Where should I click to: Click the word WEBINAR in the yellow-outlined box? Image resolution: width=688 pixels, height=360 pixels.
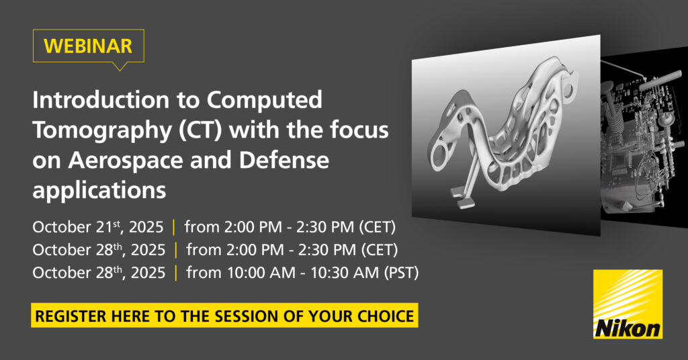[88, 46]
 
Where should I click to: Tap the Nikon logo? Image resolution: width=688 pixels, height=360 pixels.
[628, 304]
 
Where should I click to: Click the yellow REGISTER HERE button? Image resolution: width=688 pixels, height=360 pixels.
[224, 315]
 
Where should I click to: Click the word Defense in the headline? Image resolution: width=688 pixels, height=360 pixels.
[284, 160]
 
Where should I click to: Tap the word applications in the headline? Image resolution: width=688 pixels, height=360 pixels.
[99, 190]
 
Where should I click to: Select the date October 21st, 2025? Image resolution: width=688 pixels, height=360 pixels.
[98, 227]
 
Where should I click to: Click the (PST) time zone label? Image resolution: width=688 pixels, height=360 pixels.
[402, 273]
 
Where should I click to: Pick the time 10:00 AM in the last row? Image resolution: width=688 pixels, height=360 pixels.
[261, 273]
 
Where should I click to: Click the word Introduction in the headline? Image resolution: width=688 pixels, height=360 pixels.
[101, 99]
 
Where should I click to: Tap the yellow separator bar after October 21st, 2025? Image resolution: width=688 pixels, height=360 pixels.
[174, 227]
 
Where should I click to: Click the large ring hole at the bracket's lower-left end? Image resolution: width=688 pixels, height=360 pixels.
[439, 154]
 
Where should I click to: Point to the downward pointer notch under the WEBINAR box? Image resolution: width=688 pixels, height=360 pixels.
[119, 66]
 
